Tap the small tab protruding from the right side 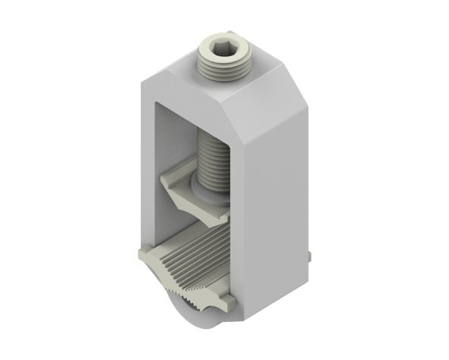[313, 258]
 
